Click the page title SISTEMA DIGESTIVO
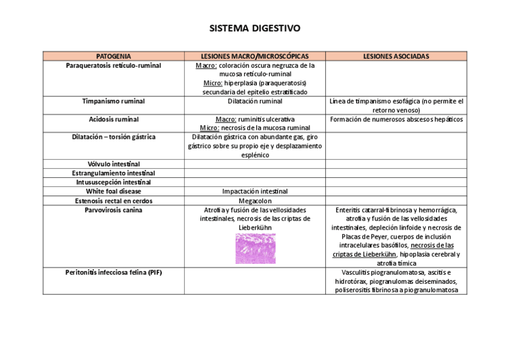(255, 28)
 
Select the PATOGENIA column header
(113, 56)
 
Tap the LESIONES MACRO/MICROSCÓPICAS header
(254, 56)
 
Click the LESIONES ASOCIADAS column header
(396, 56)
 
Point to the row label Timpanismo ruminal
(113, 101)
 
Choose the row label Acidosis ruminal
(113, 119)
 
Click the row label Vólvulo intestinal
(113, 164)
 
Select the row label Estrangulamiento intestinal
(113, 173)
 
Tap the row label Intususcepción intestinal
(113, 182)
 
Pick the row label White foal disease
(113, 191)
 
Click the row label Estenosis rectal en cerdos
(113, 200)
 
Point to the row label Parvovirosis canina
(113, 210)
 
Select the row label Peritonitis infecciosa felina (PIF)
(113, 272)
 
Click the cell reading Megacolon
(254, 200)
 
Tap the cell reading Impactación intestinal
(254, 191)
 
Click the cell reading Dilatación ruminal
(254, 101)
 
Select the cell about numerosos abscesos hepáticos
(396, 119)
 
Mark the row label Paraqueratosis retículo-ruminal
(113, 65)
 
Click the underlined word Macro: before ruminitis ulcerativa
(225, 119)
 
